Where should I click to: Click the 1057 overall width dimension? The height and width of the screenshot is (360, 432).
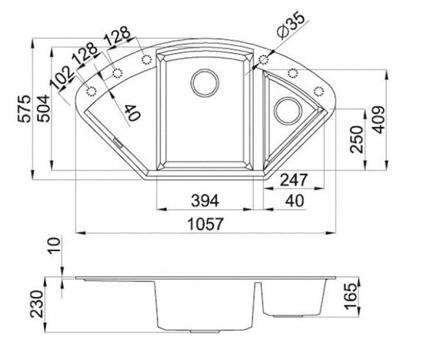click(206, 224)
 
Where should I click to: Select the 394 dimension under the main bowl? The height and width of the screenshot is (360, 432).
click(205, 201)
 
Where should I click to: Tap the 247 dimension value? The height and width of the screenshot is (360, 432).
click(294, 180)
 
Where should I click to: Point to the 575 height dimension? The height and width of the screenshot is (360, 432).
click(24, 109)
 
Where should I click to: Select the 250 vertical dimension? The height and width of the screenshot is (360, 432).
click(357, 139)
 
